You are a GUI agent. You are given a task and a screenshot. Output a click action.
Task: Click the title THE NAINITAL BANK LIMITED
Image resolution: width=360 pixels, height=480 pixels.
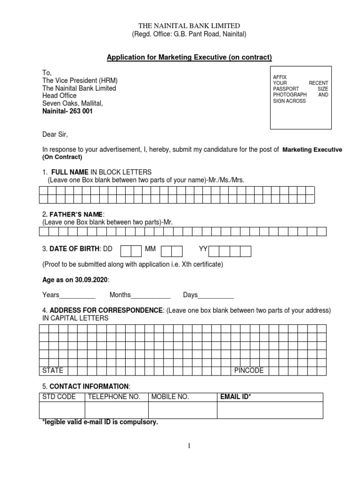(189, 25)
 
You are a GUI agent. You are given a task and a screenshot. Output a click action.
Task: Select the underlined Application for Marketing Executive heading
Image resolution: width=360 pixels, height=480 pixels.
(189, 58)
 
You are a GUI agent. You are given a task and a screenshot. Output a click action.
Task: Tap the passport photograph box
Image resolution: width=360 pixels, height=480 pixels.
(301, 97)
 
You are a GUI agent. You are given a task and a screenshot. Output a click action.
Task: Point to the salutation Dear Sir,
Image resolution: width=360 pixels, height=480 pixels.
(55, 135)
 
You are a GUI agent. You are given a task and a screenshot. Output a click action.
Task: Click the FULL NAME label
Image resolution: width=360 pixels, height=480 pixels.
(70, 172)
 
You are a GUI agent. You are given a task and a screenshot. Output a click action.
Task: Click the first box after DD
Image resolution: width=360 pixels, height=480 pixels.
(126, 251)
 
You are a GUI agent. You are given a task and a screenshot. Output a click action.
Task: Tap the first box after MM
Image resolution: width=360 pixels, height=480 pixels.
(166, 251)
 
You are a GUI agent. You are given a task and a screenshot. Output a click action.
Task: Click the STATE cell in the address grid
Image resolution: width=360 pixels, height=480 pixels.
(53, 370)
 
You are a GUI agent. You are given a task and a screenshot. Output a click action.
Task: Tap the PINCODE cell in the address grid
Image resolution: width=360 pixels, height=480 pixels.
(249, 370)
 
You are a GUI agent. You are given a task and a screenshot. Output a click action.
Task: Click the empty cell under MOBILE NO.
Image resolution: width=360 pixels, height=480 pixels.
(182, 410)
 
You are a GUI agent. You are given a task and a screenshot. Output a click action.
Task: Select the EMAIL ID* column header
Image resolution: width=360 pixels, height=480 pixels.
(236, 397)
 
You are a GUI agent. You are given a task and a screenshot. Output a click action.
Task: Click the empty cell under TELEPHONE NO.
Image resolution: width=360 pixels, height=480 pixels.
(116, 410)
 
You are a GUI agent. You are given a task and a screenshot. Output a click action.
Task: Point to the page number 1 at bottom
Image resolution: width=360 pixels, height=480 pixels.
(189, 446)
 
